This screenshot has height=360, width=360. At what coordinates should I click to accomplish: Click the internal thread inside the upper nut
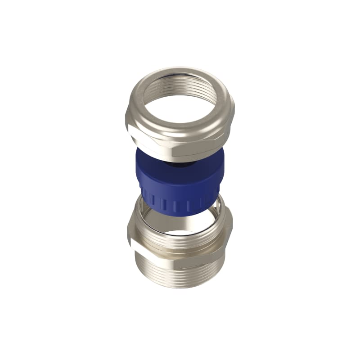pyautogui.click(x=149, y=96)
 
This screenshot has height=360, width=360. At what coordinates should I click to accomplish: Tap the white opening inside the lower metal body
pyautogui.click(x=180, y=234)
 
